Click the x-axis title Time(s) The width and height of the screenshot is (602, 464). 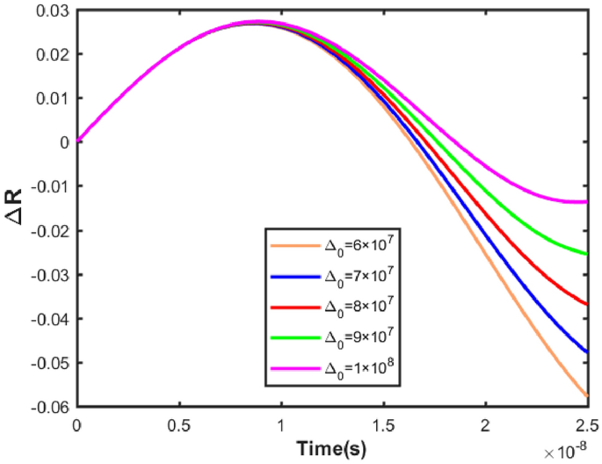coord(331,448)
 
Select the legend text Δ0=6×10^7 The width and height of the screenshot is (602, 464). coord(357,247)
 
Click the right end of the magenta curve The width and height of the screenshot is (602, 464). coord(587,202)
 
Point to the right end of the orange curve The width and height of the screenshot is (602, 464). coord(587,397)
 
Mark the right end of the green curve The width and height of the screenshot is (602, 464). coord(587,254)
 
